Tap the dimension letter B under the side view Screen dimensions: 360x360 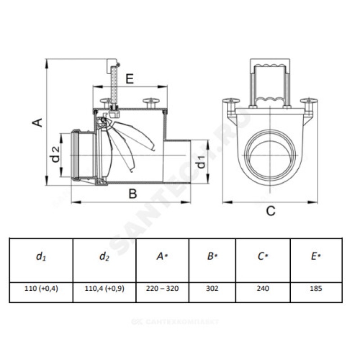pyautogui.click(x=132, y=194)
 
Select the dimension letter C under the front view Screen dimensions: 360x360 pyautogui.click(x=270, y=210)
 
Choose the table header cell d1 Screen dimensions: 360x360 pyautogui.click(x=40, y=256)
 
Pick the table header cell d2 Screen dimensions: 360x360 pyautogui.click(x=104, y=256)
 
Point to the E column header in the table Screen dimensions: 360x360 pyautogui.click(x=316, y=256)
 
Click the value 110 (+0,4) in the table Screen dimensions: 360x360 pyautogui.click(x=41, y=288)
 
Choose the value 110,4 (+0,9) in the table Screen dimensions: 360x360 pyautogui.click(x=104, y=288)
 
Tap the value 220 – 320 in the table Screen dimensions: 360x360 pyautogui.click(x=162, y=288)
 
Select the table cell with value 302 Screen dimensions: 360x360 pyautogui.click(x=212, y=288)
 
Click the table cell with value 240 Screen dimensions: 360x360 pyautogui.click(x=263, y=288)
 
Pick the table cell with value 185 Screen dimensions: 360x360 pyautogui.click(x=316, y=288)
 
